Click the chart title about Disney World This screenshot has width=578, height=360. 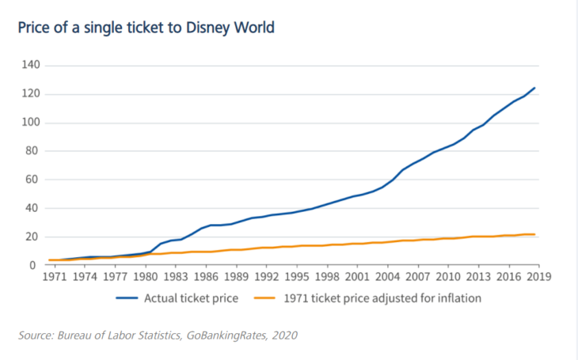(146, 28)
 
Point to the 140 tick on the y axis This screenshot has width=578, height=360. (31, 65)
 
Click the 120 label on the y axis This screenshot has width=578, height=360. (31, 94)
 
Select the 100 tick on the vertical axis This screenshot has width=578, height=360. (31, 123)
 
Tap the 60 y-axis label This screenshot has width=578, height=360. (33, 180)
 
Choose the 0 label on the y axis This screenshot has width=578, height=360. (36, 266)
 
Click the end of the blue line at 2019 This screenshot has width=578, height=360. (536, 88)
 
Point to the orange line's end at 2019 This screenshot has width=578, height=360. (536, 234)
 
